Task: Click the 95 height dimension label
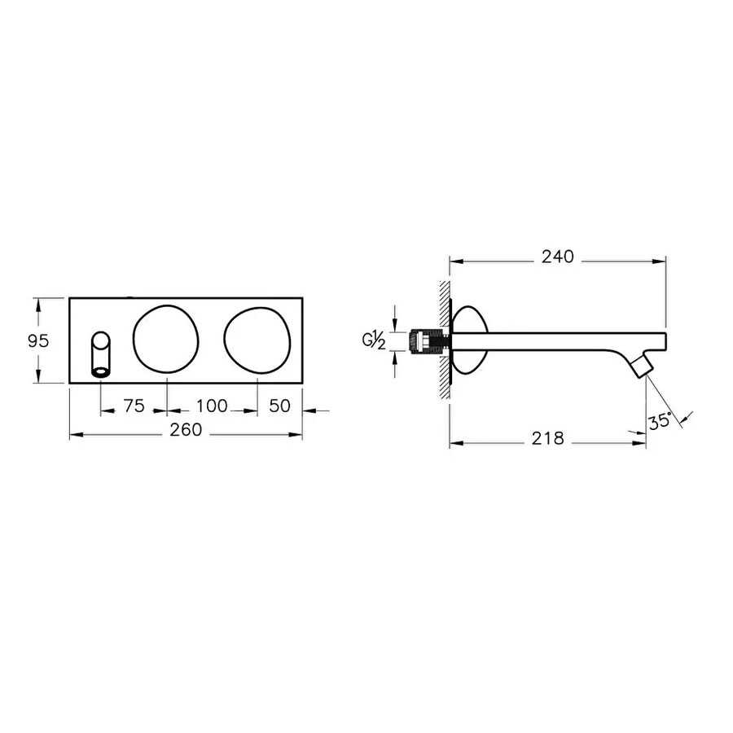pos(38,341)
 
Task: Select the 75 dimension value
pos(134,406)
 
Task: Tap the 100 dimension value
pos(212,406)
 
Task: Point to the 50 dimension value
pos(279,406)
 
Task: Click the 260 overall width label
pos(186,430)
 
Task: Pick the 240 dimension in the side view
pos(558,257)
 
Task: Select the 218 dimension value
pos(548,438)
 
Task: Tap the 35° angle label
pos(660,422)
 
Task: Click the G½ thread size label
pos(374,340)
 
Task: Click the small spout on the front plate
pos(102,354)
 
